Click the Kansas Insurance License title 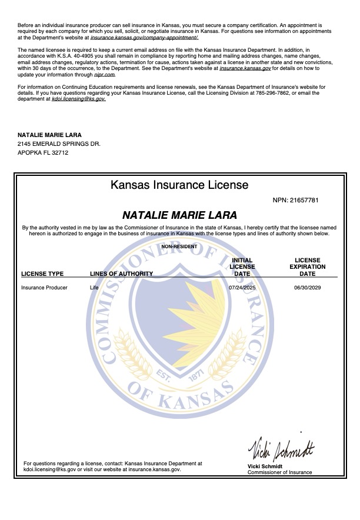179,185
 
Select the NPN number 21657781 304,201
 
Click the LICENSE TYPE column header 42,274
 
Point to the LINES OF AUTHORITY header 121,274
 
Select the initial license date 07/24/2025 242,288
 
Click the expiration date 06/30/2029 307,288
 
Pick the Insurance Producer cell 44,288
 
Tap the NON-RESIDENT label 179,246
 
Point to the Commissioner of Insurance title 279,472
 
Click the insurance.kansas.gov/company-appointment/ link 144,37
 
